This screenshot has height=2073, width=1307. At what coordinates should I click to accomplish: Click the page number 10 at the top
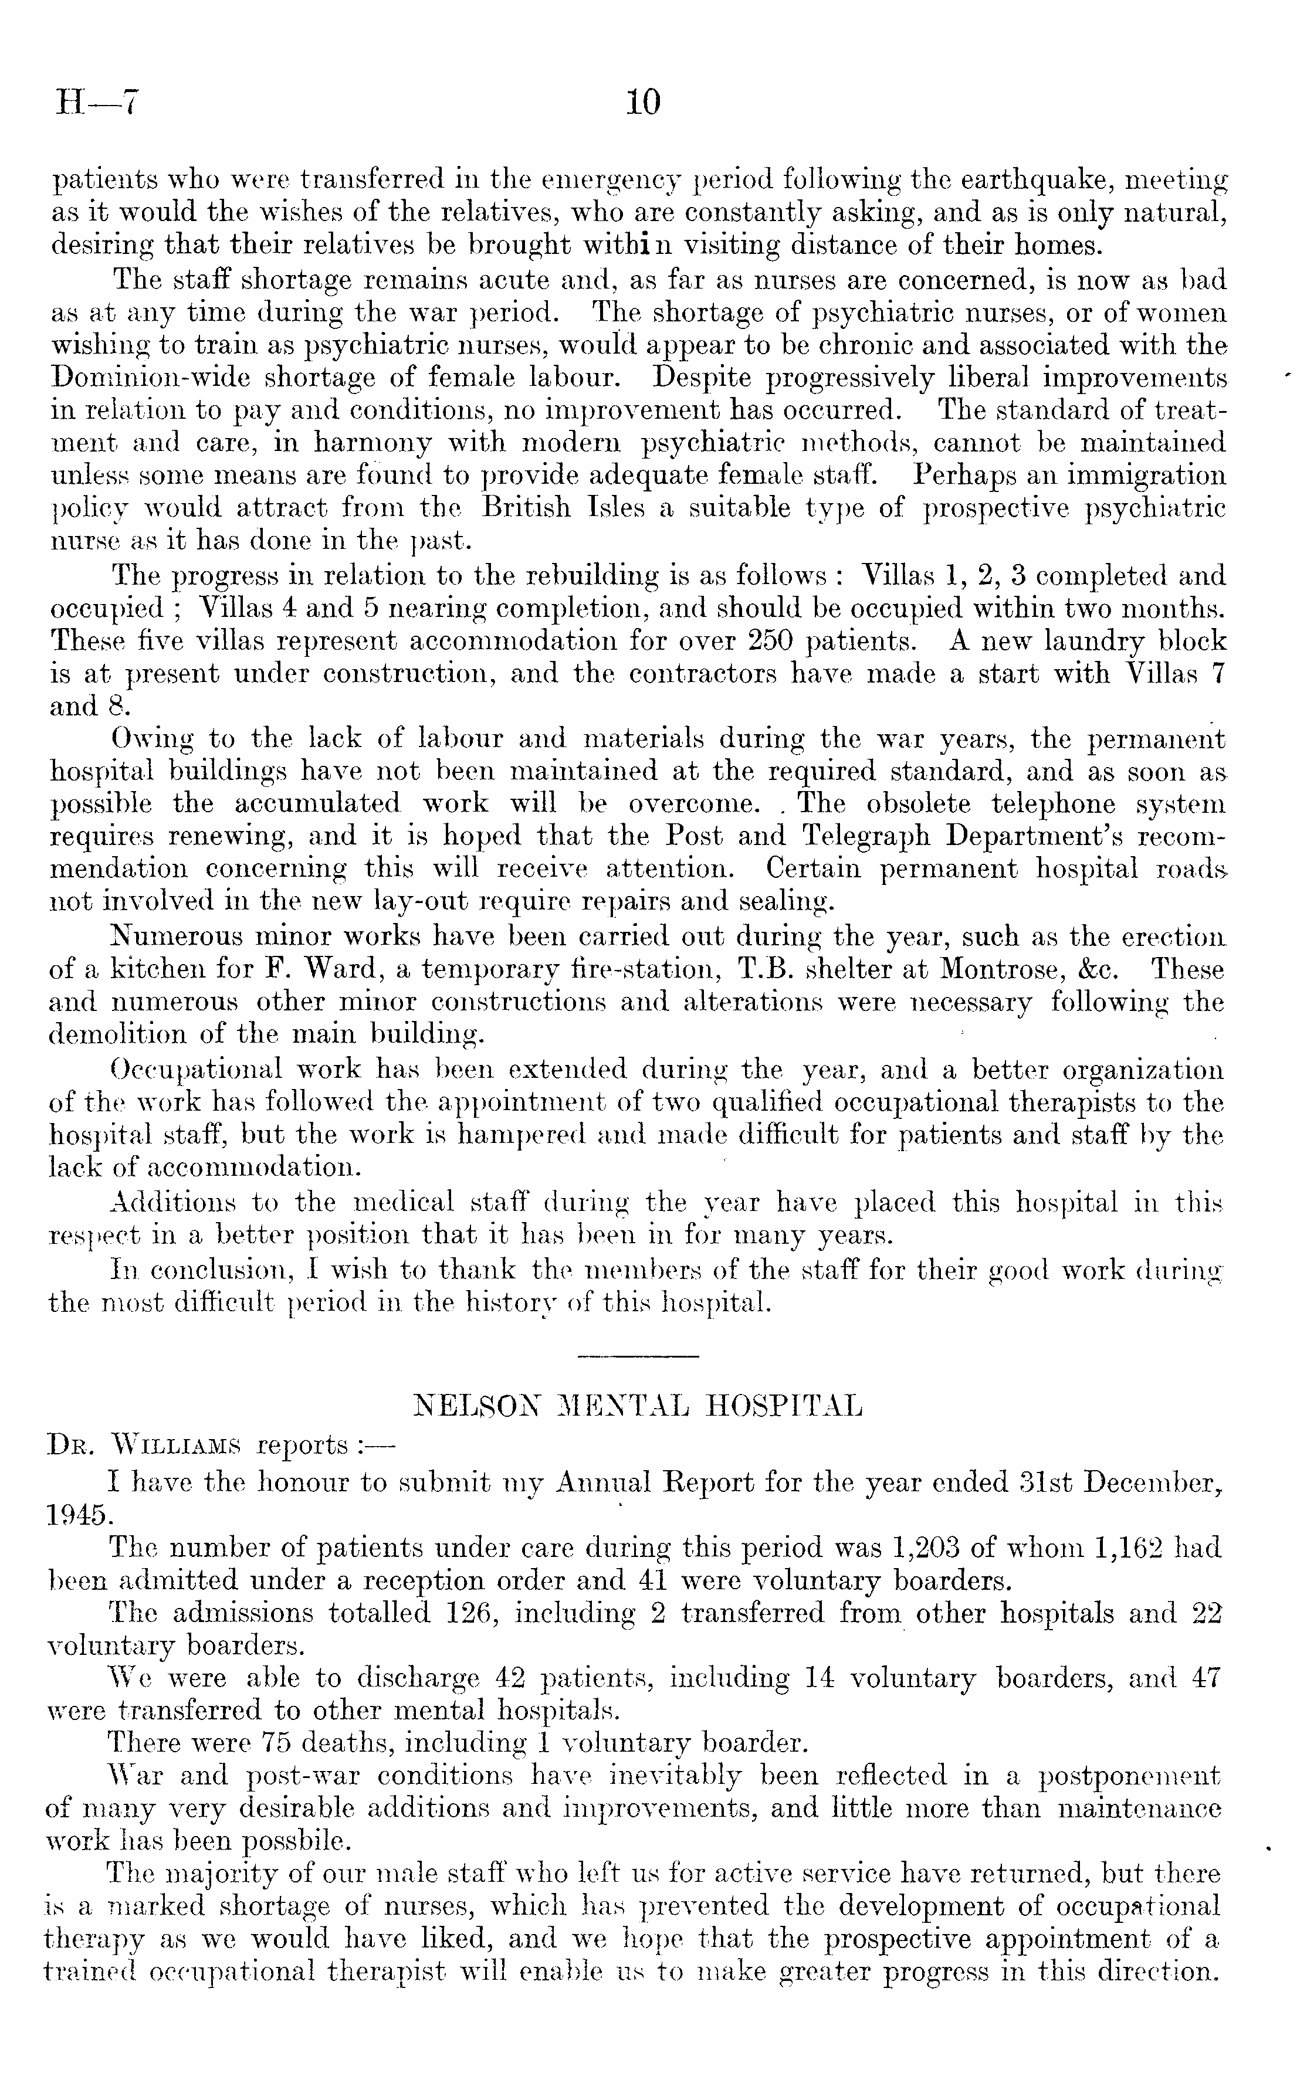pyautogui.click(x=644, y=103)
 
